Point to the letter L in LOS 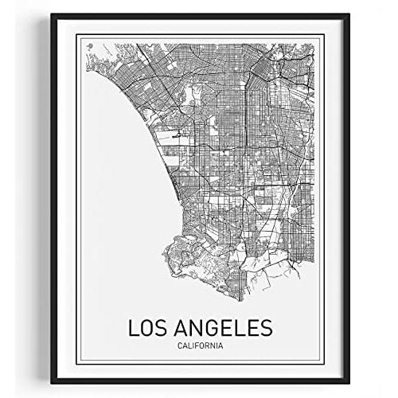(x=132, y=328)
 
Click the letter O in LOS (x=147, y=328)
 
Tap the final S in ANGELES (x=265, y=328)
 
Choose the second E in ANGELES (x=251, y=328)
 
